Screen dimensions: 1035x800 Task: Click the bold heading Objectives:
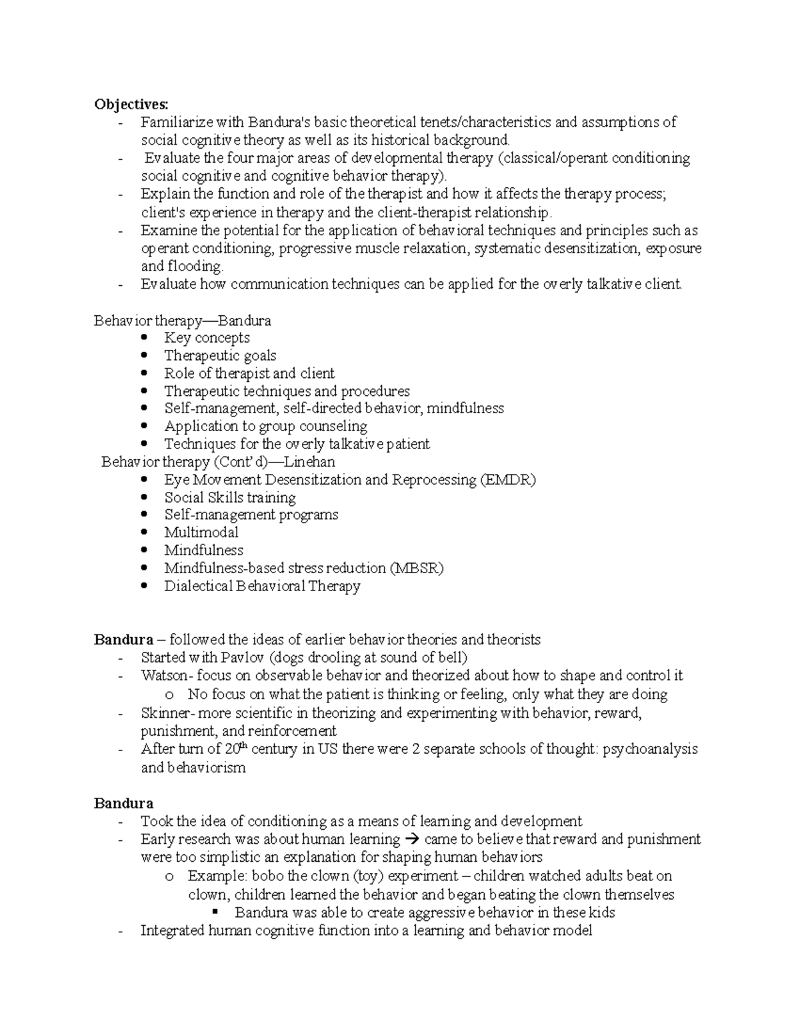pyautogui.click(x=131, y=104)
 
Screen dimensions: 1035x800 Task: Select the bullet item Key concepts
pyautogui.click(x=207, y=338)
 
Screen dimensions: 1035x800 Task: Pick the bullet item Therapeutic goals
pyautogui.click(x=220, y=356)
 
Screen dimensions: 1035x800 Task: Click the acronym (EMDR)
pyautogui.click(x=507, y=480)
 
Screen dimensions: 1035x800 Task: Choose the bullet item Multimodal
pyautogui.click(x=201, y=532)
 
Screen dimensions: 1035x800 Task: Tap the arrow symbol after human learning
pyautogui.click(x=412, y=840)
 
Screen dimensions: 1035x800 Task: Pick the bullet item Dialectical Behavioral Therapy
pyautogui.click(x=262, y=586)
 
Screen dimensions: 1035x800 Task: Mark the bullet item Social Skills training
pyautogui.click(x=230, y=498)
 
